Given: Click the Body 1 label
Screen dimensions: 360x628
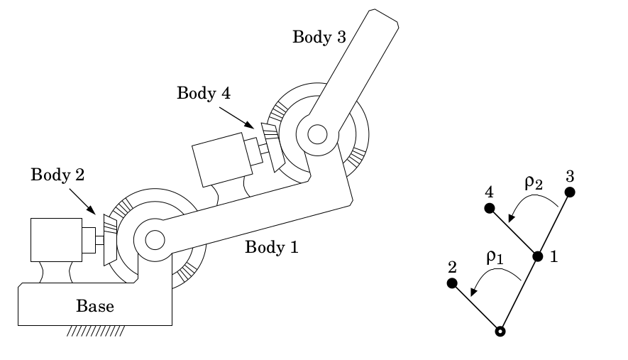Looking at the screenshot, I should tap(272, 248).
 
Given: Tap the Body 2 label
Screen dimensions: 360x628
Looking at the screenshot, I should tap(57, 175).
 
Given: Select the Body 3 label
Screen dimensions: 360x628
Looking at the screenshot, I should tap(319, 38).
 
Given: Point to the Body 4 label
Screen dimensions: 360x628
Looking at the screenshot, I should tap(204, 93).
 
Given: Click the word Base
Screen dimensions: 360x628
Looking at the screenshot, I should tap(94, 307).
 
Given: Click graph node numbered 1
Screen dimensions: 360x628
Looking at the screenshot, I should tap(537, 256).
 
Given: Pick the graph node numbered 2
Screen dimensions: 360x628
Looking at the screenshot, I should tap(451, 283).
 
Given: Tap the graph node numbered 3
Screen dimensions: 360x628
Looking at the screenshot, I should tap(569, 192).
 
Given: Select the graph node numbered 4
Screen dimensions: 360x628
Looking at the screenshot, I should tap(488, 208).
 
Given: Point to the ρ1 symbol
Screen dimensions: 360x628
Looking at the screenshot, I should tap(495, 256).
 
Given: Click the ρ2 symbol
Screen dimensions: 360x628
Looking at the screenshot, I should tap(534, 181).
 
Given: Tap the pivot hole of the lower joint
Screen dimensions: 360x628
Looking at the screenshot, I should tap(155, 240).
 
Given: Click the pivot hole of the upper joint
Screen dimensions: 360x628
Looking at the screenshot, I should tap(317, 133).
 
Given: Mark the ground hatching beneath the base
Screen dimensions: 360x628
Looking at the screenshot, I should tap(97, 331).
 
